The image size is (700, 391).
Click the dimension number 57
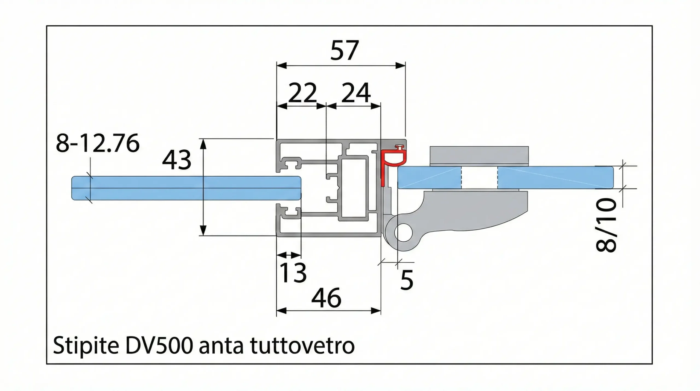tap(344, 51)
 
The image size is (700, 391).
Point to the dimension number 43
tap(176, 160)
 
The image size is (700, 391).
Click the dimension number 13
tap(293, 273)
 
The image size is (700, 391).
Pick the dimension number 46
tap(326, 298)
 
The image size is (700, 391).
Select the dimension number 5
tap(406, 280)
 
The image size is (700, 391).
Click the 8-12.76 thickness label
tap(98, 143)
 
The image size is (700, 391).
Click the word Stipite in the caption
tap(86, 346)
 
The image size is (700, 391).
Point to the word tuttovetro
tap(302, 346)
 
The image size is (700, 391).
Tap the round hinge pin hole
tap(403, 232)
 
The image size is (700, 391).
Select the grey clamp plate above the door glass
tap(479, 155)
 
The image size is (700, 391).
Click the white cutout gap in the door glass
tap(479, 177)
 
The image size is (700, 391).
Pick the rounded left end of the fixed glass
tap(74, 188)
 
